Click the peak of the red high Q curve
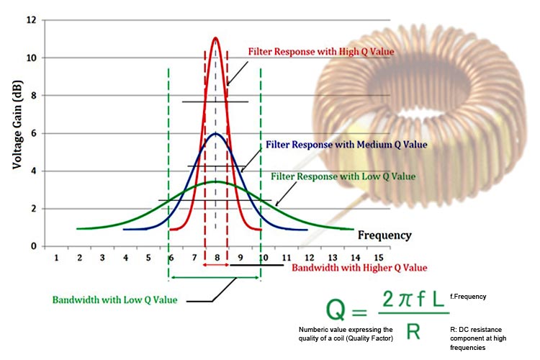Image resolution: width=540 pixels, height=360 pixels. pyautogui.click(x=215, y=38)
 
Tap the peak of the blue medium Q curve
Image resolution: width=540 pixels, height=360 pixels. pyautogui.click(x=215, y=133)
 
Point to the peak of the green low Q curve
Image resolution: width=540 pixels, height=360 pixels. pyautogui.click(x=215, y=181)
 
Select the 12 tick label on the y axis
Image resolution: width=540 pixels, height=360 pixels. pyautogui.click(x=31, y=20)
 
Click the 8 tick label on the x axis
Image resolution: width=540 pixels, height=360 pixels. pyautogui.click(x=216, y=257)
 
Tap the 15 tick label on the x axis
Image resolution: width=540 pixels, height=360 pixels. pyautogui.click(x=378, y=257)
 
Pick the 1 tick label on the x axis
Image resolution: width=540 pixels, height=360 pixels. pyautogui.click(x=56, y=257)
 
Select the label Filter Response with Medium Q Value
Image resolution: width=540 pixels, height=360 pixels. pyautogui.click(x=346, y=145)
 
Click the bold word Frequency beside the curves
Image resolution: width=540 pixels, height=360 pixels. pyautogui.click(x=384, y=235)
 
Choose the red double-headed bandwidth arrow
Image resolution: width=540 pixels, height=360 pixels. pyautogui.click(x=216, y=266)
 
